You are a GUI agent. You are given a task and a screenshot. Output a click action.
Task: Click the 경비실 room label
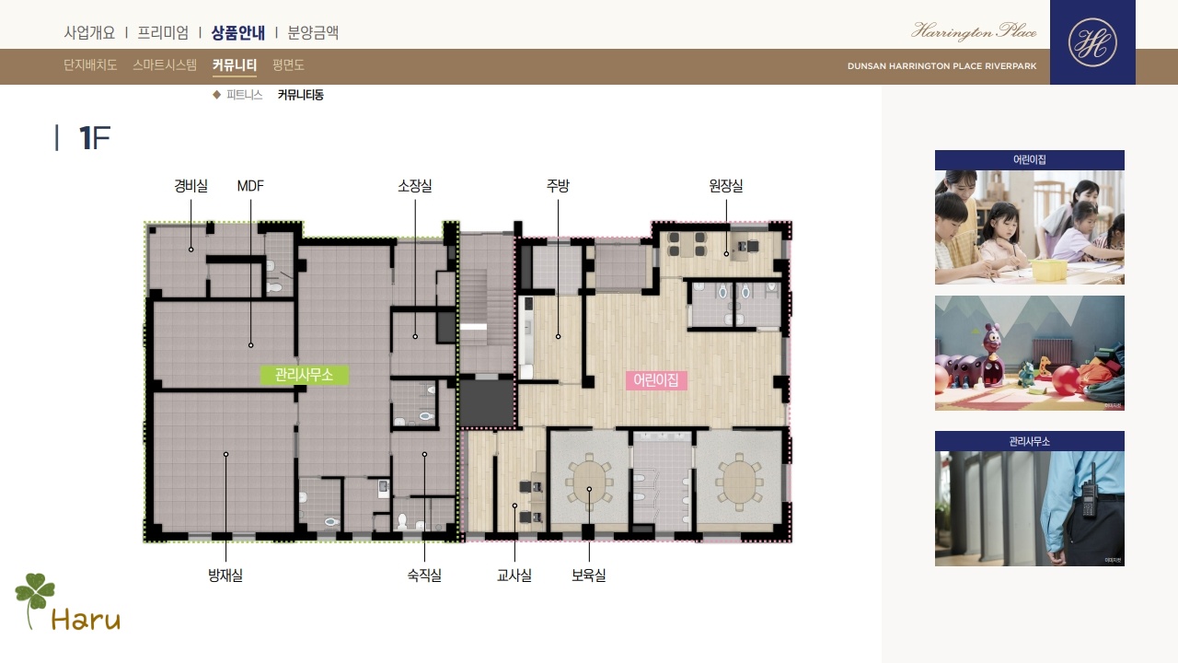point(191,186)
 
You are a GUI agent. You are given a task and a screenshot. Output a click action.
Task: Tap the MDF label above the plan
point(250,186)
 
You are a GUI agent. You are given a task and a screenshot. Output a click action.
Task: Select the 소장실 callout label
point(415,186)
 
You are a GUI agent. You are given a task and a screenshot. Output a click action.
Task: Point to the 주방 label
point(558,186)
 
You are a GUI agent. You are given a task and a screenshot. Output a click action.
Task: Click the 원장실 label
point(726,186)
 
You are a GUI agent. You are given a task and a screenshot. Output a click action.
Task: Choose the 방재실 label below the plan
point(225,576)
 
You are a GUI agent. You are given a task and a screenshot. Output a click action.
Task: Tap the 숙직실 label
point(424,576)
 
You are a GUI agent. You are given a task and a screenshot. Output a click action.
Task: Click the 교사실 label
point(514,576)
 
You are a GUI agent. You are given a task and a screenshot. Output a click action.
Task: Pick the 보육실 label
point(589,576)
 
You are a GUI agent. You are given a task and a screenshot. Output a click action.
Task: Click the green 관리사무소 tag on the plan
point(304,375)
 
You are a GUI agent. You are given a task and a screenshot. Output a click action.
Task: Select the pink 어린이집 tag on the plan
point(656,380)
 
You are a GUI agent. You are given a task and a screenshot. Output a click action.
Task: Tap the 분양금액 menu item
point(313,32)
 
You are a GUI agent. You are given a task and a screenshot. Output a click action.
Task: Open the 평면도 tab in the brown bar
point(288,64)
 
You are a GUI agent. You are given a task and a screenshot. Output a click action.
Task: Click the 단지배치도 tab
point(90,64)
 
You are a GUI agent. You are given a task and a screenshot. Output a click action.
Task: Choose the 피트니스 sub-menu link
point(245,95)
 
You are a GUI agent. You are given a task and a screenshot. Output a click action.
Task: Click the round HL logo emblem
point(1092,42)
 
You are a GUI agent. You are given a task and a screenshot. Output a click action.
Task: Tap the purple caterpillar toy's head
point(992,341)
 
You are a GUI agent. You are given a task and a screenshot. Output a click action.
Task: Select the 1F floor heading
point(95,138)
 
